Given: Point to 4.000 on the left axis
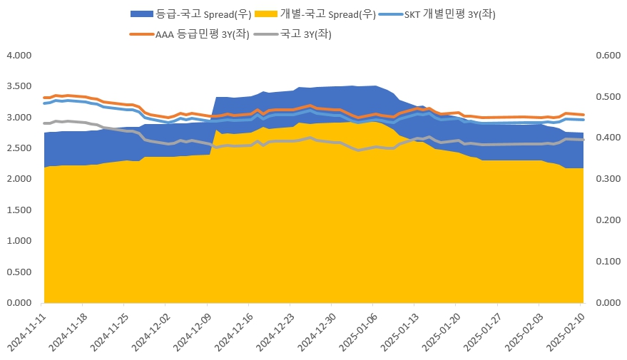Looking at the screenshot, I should [19, 56].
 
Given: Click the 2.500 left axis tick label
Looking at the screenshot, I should [19, 148].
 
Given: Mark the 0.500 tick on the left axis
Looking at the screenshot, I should [19, 272].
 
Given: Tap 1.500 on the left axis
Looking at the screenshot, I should [19, 210].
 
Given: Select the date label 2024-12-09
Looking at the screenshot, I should [192, 331].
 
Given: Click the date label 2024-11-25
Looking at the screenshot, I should [111, 331].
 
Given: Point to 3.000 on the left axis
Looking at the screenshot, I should [19, 118].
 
